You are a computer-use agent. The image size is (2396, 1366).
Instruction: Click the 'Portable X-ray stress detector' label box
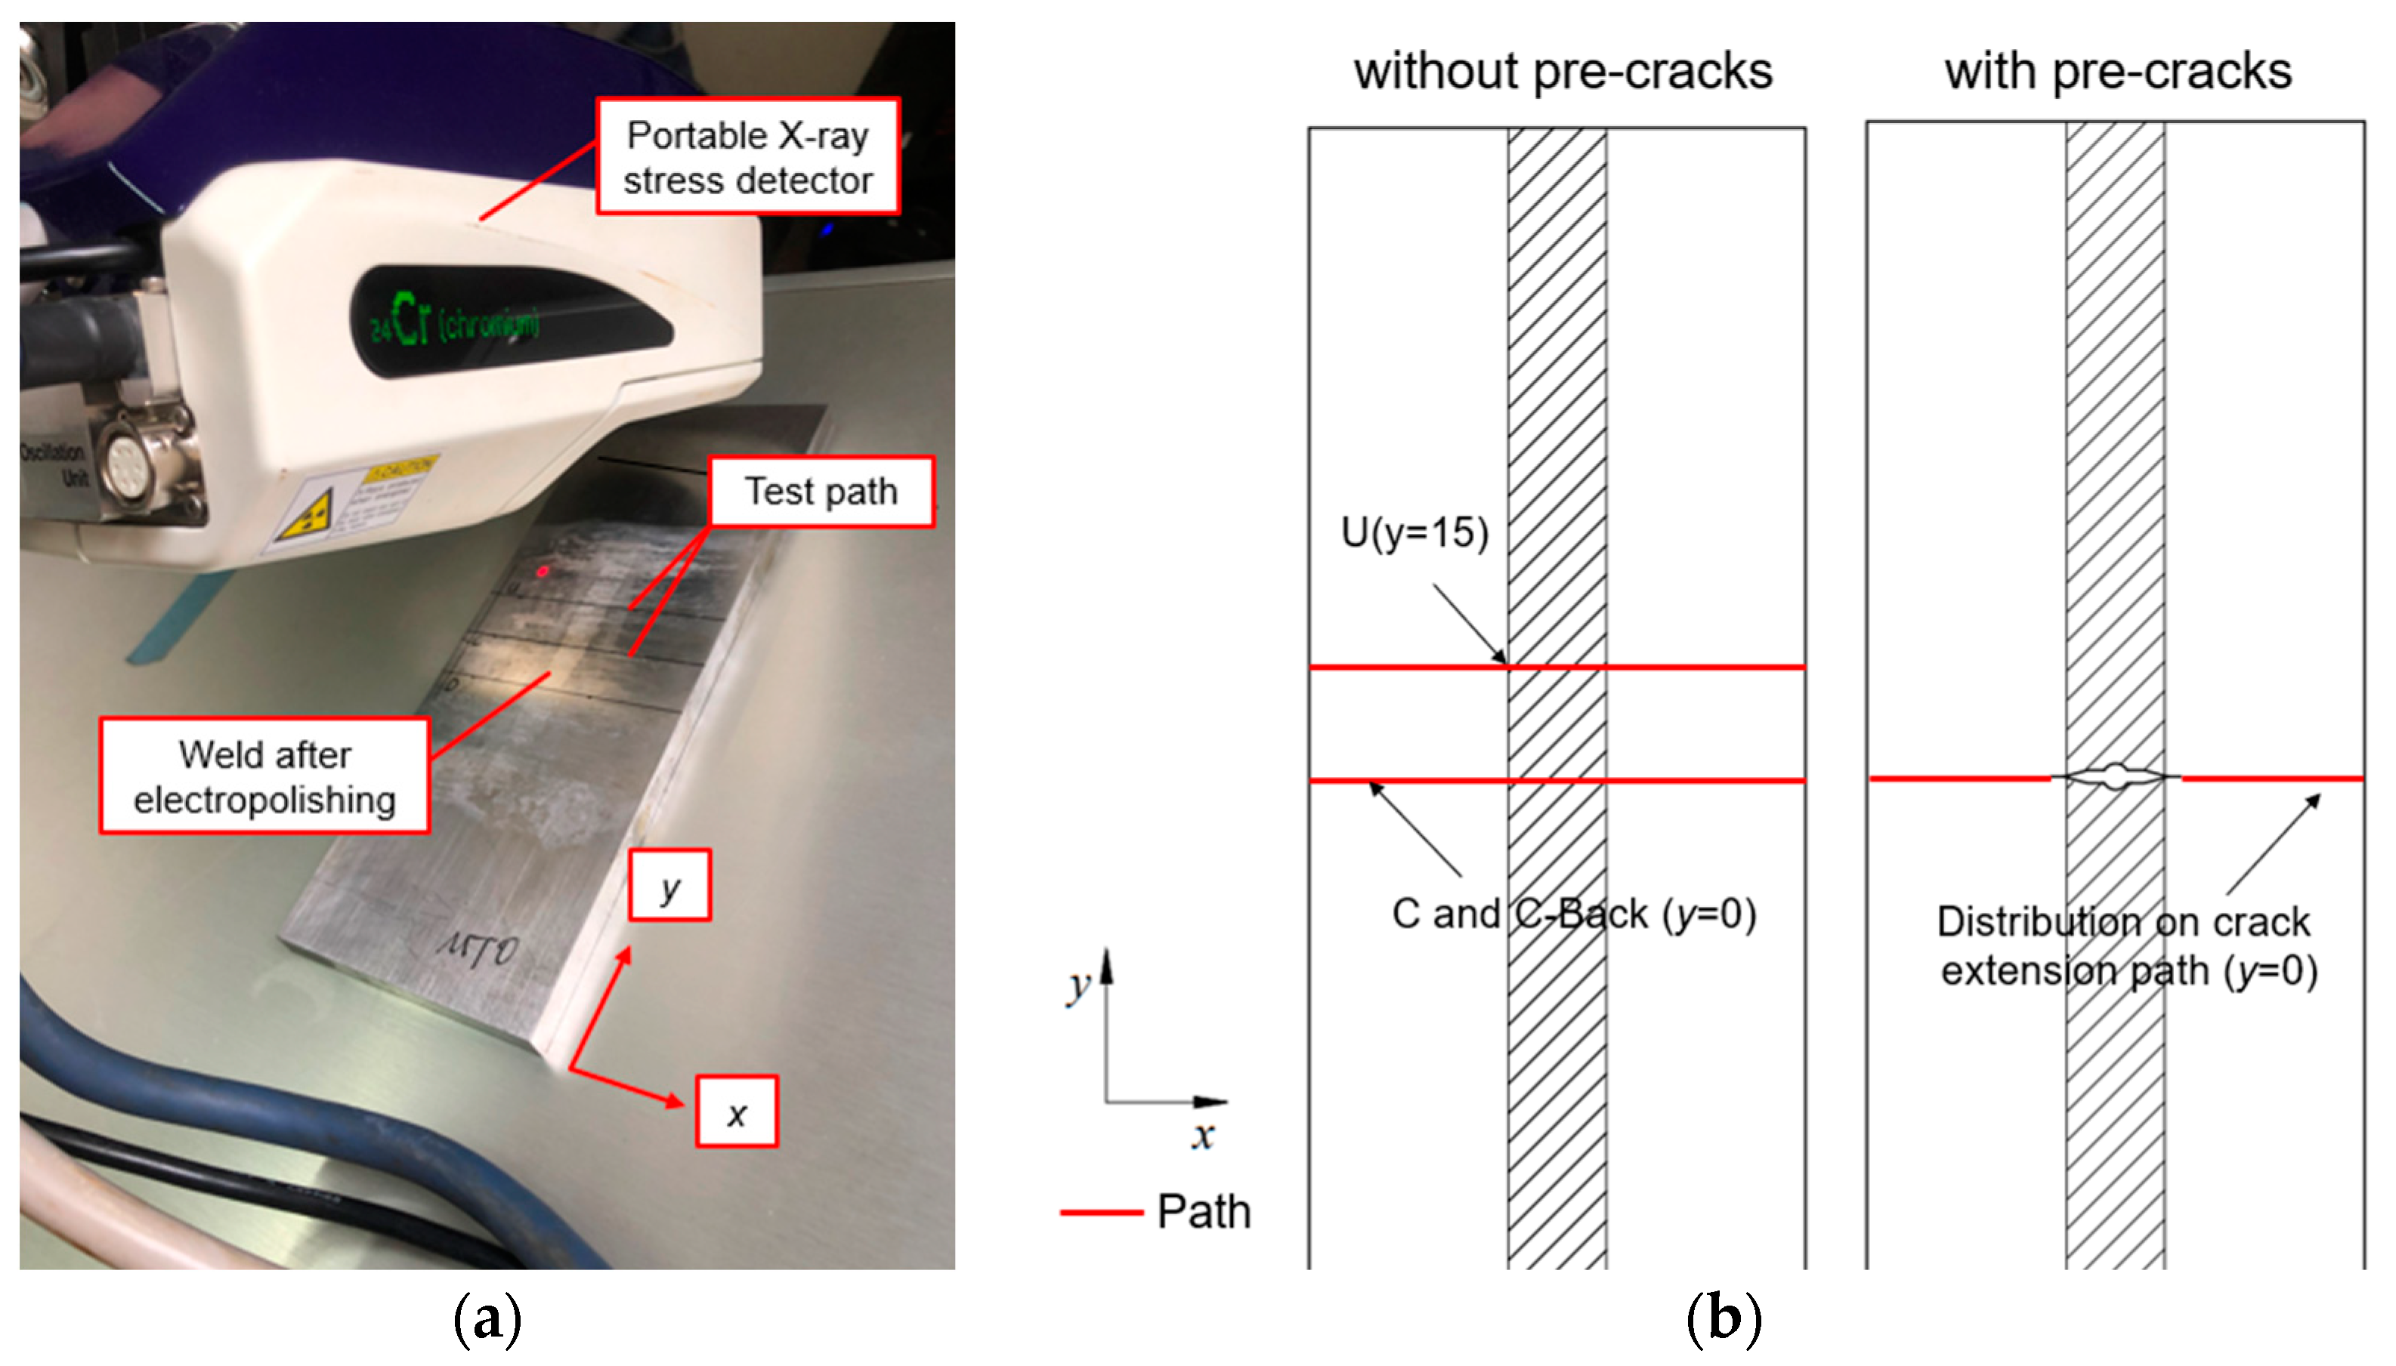click(748, 156)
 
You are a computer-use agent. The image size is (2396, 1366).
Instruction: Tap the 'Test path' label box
click(821, 491)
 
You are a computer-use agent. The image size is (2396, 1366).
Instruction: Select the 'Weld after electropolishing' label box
click(264, 776)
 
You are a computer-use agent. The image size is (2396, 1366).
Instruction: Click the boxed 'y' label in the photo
click(669, 885)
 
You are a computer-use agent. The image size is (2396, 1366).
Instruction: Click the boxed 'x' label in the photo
click(737, 1112)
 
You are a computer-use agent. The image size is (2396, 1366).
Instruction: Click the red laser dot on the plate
click(543, 570)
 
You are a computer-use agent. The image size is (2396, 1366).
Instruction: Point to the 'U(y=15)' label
click(1414, 533)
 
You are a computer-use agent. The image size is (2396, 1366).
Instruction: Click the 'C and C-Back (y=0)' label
click(1573, 914)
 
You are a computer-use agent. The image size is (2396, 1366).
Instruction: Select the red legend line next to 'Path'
click(1100, 1212)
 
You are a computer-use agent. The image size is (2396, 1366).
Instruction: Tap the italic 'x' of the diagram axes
click(1202, 1136)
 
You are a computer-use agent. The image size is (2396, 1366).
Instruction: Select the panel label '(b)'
click(1723, 1318)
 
